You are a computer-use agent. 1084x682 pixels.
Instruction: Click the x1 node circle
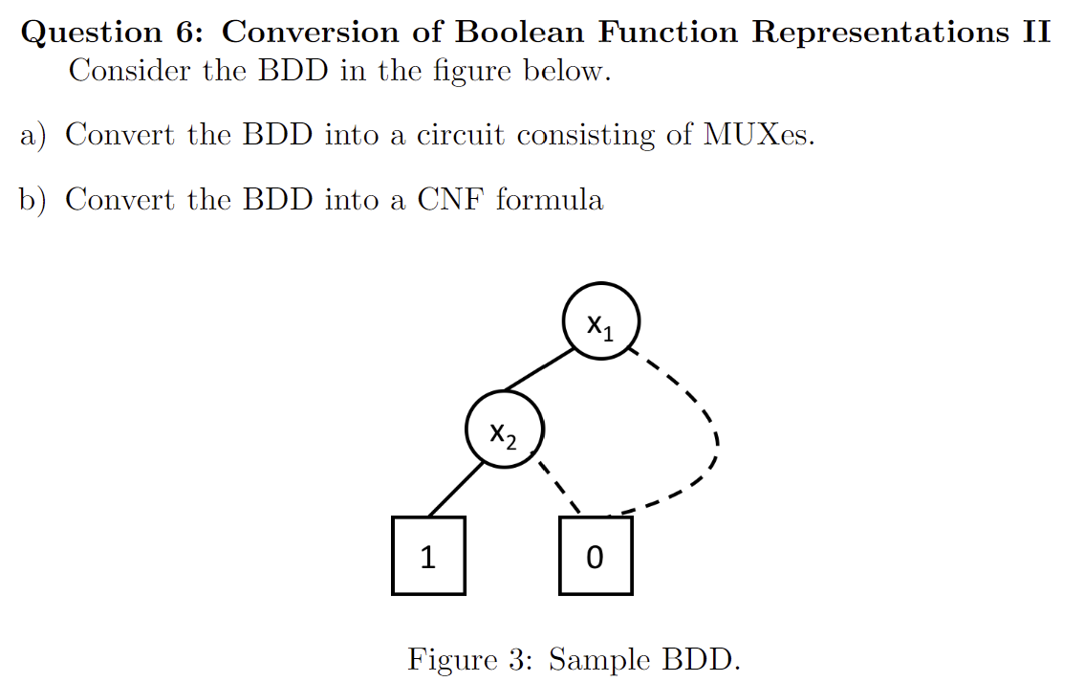pyautogui.click(x=599, y=321)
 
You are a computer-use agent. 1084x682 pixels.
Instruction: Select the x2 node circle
pyautogui.click(x=504, y=429)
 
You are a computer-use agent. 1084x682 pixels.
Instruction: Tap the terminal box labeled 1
pyautogui.click(x=428, y=556)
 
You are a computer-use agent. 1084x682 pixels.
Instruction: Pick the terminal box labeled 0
pyautogui.click(x=595, y=556)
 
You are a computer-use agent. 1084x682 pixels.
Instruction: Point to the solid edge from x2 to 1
pyautogui.click(x=454, y=491)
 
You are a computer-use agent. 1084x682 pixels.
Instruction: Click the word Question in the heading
pyautogui.click(x=91, y=33)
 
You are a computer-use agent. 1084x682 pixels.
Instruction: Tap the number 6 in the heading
pyautogui.click(x=187, y=33)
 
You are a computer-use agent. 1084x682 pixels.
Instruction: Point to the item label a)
pyautogui.click(x=34, y=135)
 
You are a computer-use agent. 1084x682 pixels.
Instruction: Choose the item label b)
pyautogui.click(x=34, y=200)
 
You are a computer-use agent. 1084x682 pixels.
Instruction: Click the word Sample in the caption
pyautogui.click(x=599, y=659)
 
